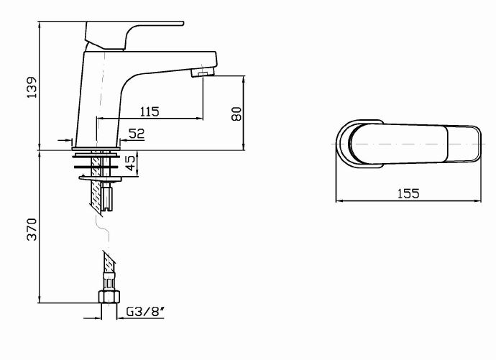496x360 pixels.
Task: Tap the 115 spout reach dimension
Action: [x=149, y=111]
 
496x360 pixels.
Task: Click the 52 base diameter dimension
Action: [x=136, y=133]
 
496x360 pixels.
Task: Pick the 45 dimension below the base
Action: [x=130, y=164]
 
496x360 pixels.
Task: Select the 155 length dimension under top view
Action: [x=408, y=193]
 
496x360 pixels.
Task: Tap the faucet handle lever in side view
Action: [x=133, y=32]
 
